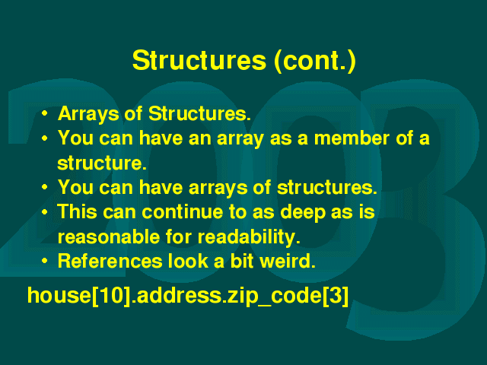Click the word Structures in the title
coord(199,60)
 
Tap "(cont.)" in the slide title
coord(315,61)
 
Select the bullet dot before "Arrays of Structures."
coord(44,113)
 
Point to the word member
coord(352,138)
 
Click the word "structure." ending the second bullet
coord(101,163)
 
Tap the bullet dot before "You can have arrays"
coord(44,187)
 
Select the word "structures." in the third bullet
coord(326,188)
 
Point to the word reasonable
coord(109,236)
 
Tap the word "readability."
coord(249,238)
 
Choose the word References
coord(110,261)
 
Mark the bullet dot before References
coord(44,261)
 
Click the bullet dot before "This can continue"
coord(44,211)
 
